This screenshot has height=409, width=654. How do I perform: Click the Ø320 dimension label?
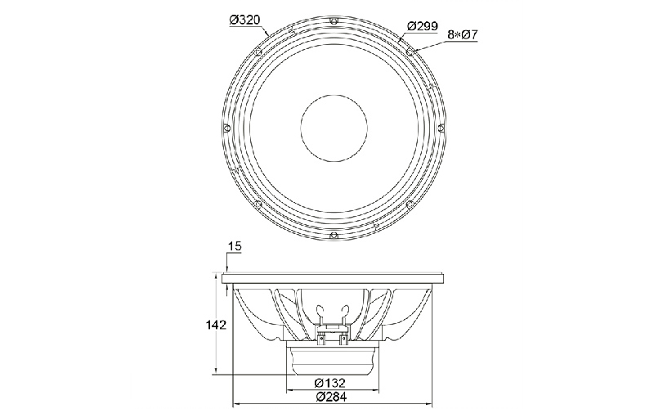pyautogui.click(x=244, y=20)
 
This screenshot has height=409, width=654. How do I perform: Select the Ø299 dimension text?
pyautogui.click(x=422, y=26)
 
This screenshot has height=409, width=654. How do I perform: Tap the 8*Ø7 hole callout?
pyautogui.click(x=462, y=34)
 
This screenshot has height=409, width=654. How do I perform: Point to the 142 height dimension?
pyautogui.click(x=216, y=325)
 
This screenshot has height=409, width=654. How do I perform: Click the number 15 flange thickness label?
pyautogui.click(x=235, y=246)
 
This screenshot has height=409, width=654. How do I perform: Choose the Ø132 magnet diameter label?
pyautogui.click(x=330, y=382)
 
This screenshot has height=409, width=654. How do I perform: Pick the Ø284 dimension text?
pyautogui.click(x=331, y=397)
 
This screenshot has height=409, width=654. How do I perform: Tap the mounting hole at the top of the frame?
pyautogui.click(x=334, y=21)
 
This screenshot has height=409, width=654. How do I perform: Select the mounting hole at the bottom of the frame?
pyautogui.click(x=334, y=236)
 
